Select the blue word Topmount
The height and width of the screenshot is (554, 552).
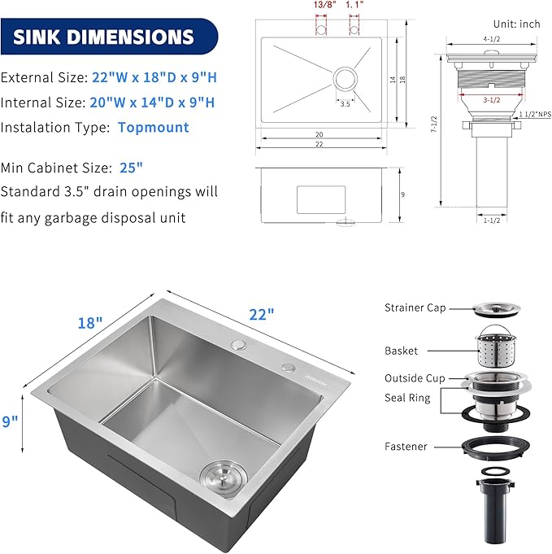153,127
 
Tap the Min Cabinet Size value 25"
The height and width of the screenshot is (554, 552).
130,168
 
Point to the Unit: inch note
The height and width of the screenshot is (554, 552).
516,24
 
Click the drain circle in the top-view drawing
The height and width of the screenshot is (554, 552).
345,80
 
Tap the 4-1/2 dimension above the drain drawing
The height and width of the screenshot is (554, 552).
490,39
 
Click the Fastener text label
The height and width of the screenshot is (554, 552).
406,447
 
